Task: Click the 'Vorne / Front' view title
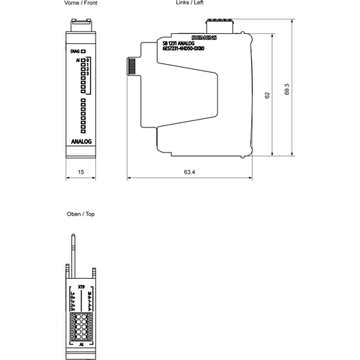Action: click(81, 4)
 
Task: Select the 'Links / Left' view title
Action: click(189, 4)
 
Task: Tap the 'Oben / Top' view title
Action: click(81, 215)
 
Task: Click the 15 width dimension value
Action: click(81, 173)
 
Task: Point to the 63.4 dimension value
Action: click(190, 173)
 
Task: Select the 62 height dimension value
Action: click(266, 94)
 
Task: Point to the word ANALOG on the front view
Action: click(81, 142)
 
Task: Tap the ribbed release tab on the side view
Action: click(132, 66)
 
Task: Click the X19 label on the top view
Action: click(81, 287)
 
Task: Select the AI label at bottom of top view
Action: click(81, 345)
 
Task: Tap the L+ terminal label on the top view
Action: click(73, 293)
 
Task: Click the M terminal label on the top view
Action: click(89, 293)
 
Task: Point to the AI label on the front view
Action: click(76, 62)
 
